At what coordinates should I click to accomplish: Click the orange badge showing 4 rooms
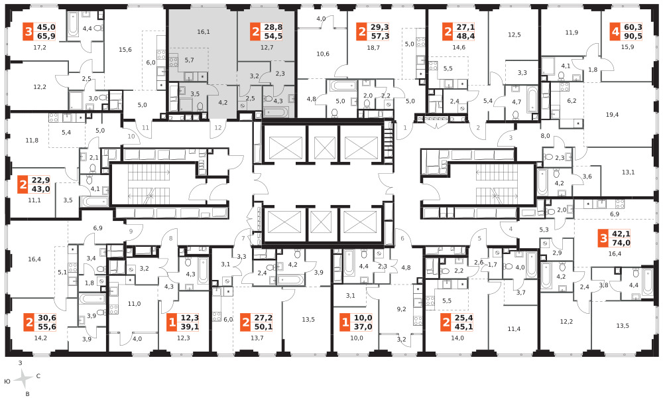[x=615, y=32]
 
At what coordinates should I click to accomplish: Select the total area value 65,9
[x=46, y=36]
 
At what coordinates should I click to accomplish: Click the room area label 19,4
[x=612, y=115]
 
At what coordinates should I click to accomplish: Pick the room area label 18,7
[x=373, y=48]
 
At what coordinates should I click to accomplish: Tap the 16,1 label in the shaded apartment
[x=204, y=32]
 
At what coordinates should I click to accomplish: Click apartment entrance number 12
[x=218, y=128]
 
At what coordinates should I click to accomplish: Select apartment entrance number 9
[x=131, y=231]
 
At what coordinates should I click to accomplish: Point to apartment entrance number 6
[x=402, y=238]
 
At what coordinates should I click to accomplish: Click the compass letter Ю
[x=7, y=381]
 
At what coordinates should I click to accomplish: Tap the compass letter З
[x=20, y=363]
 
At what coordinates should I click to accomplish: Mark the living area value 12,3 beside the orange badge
[x=190, y=318]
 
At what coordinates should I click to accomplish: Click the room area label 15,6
[x=125, y=50]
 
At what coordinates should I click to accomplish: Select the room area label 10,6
[x=323, y=54]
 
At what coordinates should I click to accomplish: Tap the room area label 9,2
[x=401, y=309]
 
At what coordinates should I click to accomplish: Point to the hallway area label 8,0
[x=545, y=136]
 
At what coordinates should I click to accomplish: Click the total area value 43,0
[x=41, y=189]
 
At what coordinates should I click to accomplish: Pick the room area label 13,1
[x=629, y=172]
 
